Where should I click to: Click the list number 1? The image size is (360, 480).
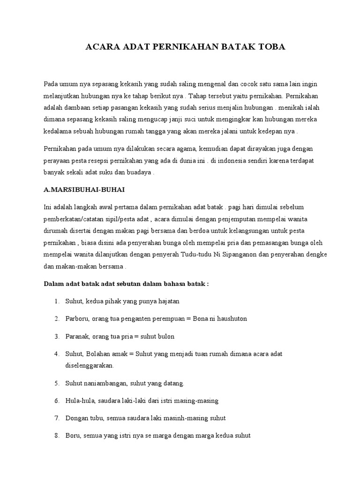tap(56, 301)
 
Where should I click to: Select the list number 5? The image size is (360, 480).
tap(56, 383)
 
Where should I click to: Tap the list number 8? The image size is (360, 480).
tap(56, 435)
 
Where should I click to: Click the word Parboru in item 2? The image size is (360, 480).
tap(76, 319)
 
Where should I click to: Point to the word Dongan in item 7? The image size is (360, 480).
tap(76, 418)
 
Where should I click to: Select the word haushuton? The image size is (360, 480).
tap(230, 319)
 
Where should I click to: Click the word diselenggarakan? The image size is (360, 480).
tap(90, 366)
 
